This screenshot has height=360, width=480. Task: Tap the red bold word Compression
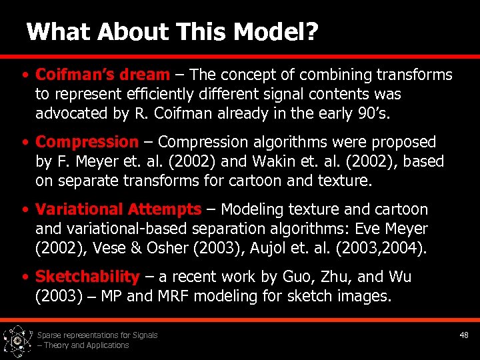tap(86, 142)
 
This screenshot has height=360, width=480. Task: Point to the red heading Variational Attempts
tap(118, 209)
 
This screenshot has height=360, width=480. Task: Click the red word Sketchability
tap(87, 277)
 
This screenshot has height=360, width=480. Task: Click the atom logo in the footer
tap(17, 340)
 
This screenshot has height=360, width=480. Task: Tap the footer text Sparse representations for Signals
tap(97, 335)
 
